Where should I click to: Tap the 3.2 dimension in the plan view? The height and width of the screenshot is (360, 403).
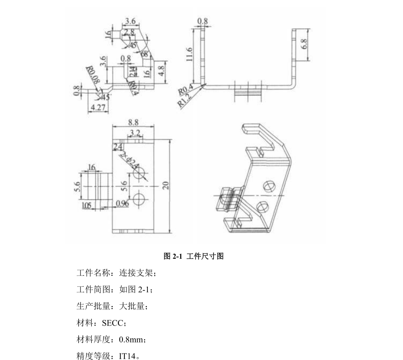point(135,133)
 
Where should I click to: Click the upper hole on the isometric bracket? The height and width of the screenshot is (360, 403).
point(269,186)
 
